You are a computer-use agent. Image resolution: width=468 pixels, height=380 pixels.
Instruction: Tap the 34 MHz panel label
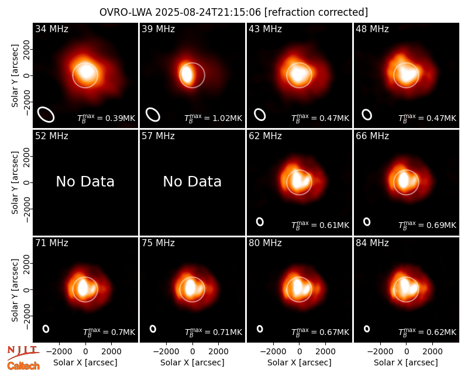[x=51, y=29]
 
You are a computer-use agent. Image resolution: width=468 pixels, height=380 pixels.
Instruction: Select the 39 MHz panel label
[x=158, y=29]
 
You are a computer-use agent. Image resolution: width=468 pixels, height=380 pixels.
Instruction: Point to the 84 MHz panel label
[x=372, y=243]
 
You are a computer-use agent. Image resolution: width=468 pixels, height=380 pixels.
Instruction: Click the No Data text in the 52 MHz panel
[x=85, y=181]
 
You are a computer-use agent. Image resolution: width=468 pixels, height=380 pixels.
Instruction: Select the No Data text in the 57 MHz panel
[x=192, y=181]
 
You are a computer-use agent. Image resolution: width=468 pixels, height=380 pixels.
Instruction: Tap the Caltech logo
[x=23, y=366]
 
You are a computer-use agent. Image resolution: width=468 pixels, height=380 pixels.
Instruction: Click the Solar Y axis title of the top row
[x=15, y=76]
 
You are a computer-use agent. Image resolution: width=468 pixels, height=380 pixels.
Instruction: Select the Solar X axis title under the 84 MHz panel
[x=406, y=362]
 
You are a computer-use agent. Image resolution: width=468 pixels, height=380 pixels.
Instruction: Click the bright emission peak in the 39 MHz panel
[x=187, y=75]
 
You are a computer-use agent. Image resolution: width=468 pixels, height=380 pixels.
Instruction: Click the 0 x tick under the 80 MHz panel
[x=300, y=351]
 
